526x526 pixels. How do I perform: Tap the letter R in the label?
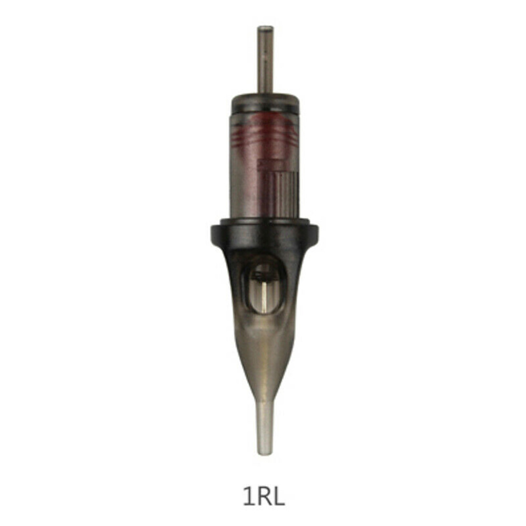262,496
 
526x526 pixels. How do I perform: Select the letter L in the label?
278,496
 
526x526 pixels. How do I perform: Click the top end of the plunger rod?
265,27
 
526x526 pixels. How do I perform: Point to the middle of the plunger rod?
265,59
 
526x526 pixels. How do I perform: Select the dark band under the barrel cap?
265,109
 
